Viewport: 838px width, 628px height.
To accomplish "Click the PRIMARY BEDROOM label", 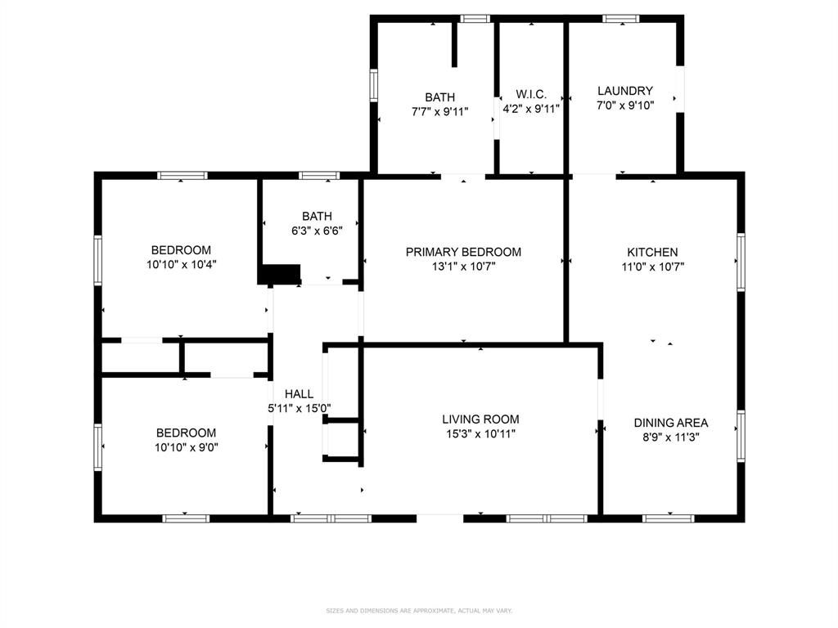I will [x=463, y=252].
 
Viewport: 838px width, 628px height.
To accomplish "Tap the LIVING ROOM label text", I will [x=480, y=419].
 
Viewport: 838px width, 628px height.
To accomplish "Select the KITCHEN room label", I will [x=652, y=253].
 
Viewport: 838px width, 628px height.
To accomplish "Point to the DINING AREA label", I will [x=671, y=423].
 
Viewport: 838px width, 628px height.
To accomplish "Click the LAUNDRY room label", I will [x=625, y=91].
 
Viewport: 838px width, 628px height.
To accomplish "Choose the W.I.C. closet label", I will [x=530, y=95].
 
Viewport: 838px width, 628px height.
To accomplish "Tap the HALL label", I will [x=299, y=394].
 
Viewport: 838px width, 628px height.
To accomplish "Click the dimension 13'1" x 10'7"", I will [x=463, y=267].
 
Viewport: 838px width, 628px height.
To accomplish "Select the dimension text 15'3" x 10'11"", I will [x=480, y=434].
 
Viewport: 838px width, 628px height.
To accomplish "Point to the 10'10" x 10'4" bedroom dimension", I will [x=181, y=264].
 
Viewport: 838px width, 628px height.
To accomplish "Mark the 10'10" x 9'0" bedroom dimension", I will [x=187, y=447].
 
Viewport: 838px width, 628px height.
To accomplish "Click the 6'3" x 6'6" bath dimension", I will [x=317, y=231].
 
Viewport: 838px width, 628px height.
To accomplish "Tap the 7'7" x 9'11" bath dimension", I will [x=439, y=112].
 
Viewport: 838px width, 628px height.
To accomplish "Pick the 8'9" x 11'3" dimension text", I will [x=671, y=437].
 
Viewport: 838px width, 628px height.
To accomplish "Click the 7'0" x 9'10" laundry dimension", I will [x=625, y=105].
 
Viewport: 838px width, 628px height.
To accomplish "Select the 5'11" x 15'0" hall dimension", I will [x=299, y=408].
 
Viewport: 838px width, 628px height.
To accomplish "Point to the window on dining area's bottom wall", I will [x=669, y=518].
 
